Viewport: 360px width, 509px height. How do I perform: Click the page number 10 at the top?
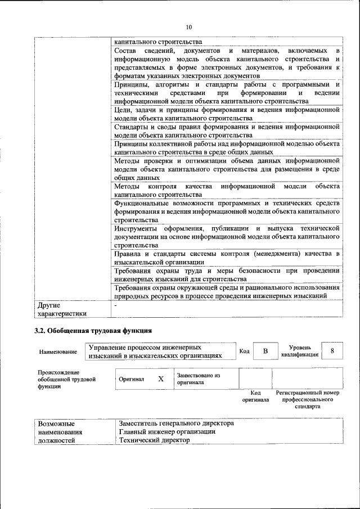tap(188, 27)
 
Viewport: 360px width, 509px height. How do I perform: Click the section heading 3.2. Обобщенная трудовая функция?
tap(93, 330)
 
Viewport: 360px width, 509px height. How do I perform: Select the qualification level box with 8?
tap(332, 351)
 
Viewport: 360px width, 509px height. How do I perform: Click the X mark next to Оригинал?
tap(161, 379)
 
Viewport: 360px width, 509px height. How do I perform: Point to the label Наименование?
tap(58, 352)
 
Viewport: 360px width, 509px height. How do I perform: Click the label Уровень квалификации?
tap(299, 352)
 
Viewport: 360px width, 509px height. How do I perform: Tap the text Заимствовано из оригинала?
tap(198, 379)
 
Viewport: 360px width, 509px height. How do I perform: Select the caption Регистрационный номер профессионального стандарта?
tap(308, 399)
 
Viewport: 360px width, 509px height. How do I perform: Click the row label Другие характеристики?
tap(62, 309)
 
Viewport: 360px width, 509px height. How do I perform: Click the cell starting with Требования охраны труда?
tap(227, 274)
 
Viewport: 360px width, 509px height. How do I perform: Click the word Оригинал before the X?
tap(132, 379)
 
